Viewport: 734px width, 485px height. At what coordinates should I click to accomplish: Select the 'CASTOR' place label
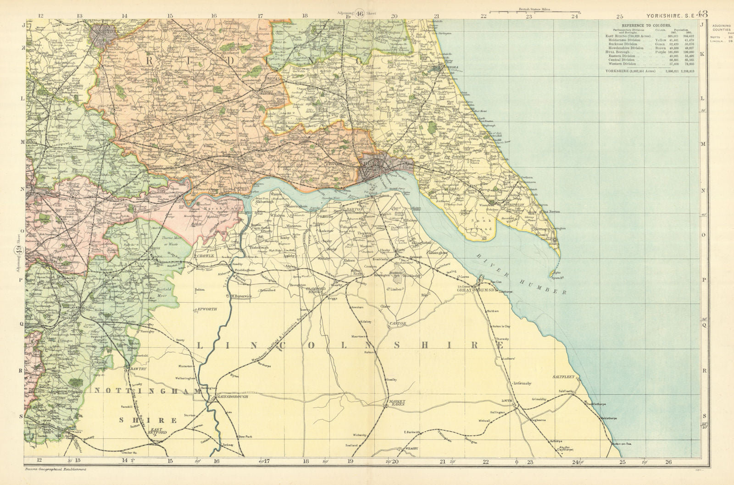pos(398,324)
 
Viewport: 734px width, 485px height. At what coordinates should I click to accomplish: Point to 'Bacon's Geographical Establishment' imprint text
pos(55,469)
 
